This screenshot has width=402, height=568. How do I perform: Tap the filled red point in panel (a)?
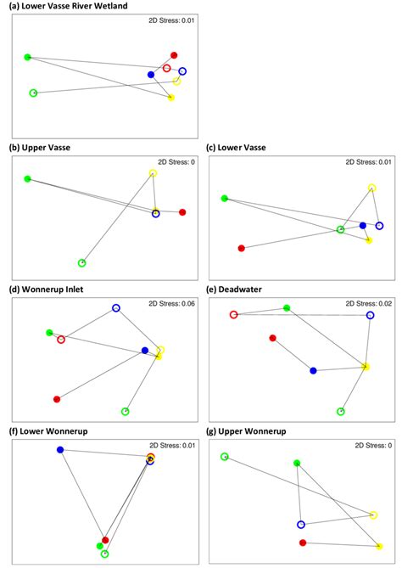point(174,55)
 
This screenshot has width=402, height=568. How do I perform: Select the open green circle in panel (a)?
point(33,93)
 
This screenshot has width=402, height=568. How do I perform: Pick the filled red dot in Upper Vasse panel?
point(182,212)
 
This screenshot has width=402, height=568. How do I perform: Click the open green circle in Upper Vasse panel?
point(81,263)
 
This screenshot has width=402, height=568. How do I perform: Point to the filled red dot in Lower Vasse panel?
point(242,249)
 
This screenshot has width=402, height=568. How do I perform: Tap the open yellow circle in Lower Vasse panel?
point(371,188)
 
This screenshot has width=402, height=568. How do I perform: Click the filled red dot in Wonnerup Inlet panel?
point(57,399)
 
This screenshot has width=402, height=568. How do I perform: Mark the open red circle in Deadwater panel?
point(233,315)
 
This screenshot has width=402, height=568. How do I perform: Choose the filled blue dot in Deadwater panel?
point(313,371)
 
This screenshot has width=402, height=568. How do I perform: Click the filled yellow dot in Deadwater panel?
point(366,367)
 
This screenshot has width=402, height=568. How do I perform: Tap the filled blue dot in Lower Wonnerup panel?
point(60,449)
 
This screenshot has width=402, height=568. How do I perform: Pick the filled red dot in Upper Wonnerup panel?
point(303,543)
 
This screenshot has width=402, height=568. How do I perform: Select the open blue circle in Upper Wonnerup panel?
point(300,525)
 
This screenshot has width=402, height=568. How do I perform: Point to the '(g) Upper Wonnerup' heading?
point(252,431)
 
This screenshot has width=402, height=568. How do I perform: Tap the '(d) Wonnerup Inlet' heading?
point(44,289)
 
